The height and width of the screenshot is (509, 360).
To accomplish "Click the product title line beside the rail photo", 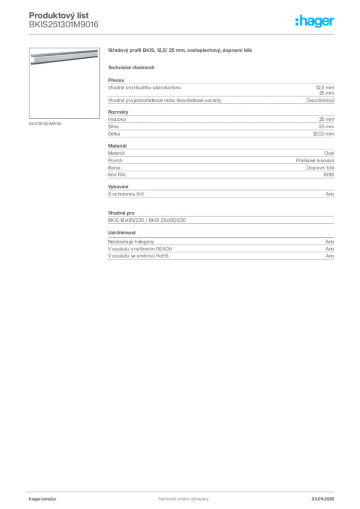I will (180, 51).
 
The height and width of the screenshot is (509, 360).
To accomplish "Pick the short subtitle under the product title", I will (131, 67).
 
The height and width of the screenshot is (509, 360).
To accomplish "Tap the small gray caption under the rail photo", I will (46, 124).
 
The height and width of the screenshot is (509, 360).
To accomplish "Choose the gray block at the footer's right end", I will (326, 497).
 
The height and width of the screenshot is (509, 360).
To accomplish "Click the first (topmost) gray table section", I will (220, 92).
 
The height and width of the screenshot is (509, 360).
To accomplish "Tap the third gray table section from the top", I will (220, 162).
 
